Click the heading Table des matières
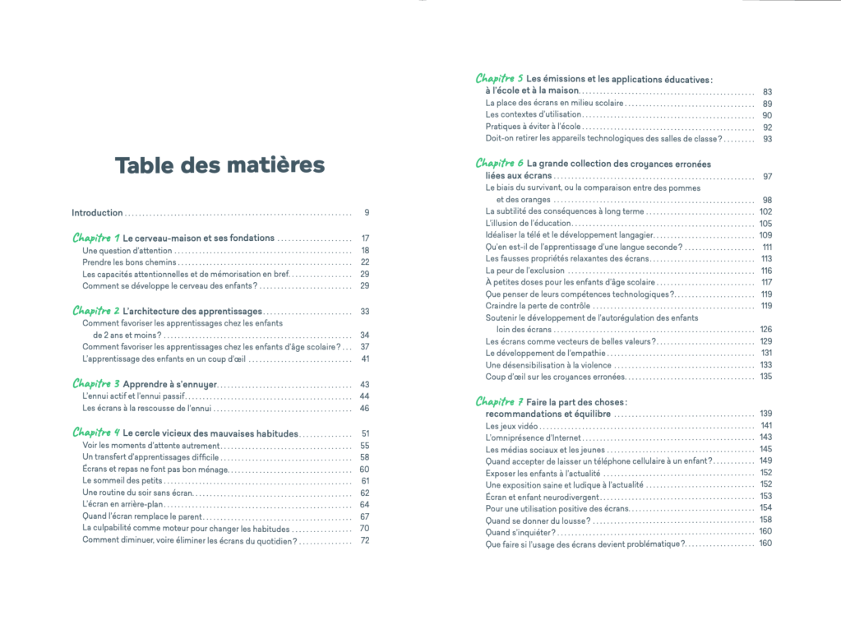coord(219,165)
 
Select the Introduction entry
coord(97,213)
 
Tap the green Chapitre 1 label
coord(96,238)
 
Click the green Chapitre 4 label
coord(96,433)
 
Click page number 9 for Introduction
coord(367,213)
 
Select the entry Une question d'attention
coord(127,250)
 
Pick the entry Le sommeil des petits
coord(123,480)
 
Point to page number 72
coord(365,540)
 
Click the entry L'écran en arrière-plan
coord(127,504)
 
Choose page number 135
coord(765,377)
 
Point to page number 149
coord(765,461)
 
